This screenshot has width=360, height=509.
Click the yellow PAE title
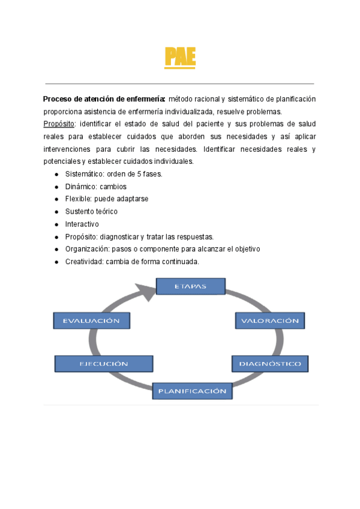pyautogui.click(x=180, y=58)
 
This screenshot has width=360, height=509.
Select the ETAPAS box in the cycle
pyautogui.click(x=190, y=286)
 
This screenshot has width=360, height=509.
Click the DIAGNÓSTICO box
pyautogui.click(x=270, y=363)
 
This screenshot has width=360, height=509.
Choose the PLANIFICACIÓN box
pyautogui.click(x=192, y=391)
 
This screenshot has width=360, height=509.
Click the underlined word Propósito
pyautogui.click(x=59, y=124)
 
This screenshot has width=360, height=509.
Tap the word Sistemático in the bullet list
pyautogui.click(x=84, y=174)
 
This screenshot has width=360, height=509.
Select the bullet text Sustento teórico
pyautogui.click(x=91, y=211)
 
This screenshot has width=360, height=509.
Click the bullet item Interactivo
pyautogui.click(x=82, y=224)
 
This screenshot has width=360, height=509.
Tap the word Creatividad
pyautogui.click(x=84, y=261)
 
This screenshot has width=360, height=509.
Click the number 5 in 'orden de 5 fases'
pyautogui.click(x=140, y=174)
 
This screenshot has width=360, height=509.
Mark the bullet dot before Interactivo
pyautogui.click(x=56, y=224)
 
